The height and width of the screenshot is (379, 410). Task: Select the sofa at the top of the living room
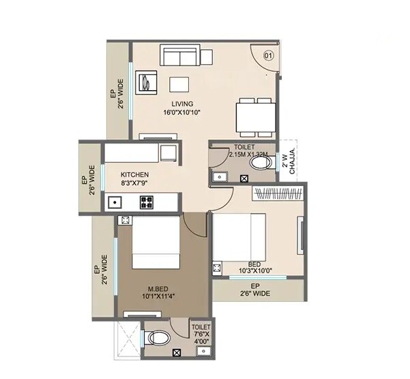(x=180, y=55)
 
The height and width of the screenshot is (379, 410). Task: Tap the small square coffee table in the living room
(x=179, y=85)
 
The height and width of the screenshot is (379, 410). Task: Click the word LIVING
(x=182, y=104)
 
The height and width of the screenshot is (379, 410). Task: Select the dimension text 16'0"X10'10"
(x=182, y=113)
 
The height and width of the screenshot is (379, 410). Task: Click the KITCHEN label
(x=135, y=175)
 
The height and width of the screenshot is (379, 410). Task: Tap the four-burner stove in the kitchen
(x=147, y=201)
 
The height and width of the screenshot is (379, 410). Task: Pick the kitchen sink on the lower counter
(x=114, y=202)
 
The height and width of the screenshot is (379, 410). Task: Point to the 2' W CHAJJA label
(x=289, y=162)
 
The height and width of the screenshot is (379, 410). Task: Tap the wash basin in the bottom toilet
(x=202, y=352)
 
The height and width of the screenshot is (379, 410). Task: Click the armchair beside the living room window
(x=149, y=83)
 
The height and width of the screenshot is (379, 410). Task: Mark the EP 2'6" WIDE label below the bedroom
(x=256, y=290)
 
